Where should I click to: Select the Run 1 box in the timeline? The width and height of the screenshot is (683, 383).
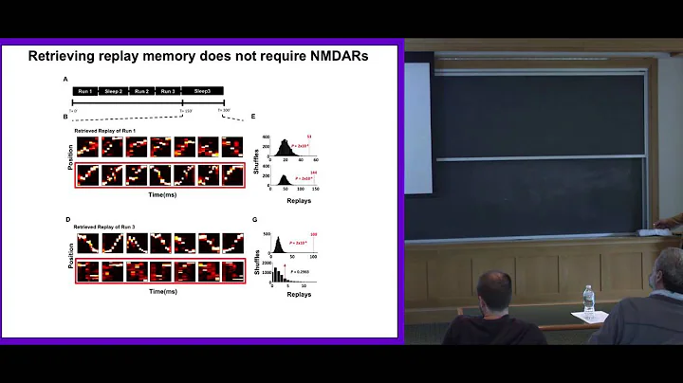86,90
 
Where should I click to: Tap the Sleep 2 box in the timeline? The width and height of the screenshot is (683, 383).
115,90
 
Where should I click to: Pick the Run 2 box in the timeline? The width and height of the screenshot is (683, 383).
142,90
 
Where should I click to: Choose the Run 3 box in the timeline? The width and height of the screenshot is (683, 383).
169,90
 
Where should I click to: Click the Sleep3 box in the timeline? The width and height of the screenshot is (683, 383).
203,90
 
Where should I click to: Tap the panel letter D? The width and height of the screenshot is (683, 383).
65,220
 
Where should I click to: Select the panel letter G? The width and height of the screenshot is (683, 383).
253,220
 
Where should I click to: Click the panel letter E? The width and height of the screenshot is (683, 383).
253,118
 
